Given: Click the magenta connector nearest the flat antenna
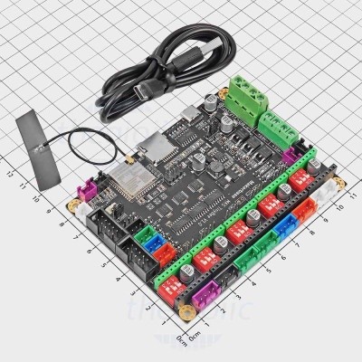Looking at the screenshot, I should click(90, 192).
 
